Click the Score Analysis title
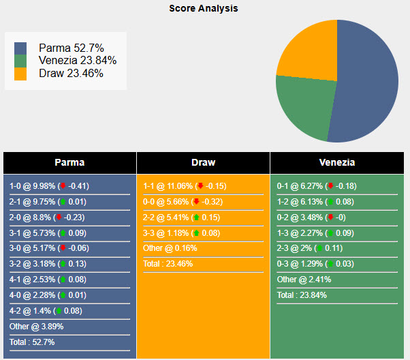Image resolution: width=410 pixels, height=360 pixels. [204, 9]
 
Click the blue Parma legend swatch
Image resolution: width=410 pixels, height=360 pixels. [20, 48]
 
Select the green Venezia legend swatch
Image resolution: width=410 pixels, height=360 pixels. [20, 61]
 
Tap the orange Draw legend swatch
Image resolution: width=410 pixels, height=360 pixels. [20, 74]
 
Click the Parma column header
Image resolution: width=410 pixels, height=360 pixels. [69, 162]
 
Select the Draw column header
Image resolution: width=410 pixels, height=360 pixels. [203, 162]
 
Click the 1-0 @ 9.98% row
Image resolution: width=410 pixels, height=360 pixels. [49, 185]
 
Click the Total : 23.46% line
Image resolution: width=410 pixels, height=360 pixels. [168, 264]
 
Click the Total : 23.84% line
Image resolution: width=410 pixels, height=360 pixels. [301, 295]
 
